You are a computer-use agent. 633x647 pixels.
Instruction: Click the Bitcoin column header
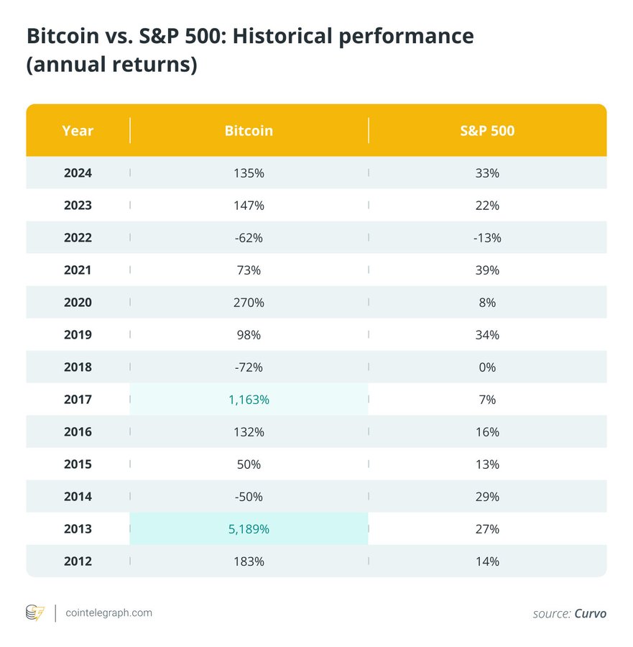[x=249, y=131]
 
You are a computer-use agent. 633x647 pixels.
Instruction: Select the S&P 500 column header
[x=487, y=131]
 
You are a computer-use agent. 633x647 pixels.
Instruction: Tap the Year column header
[x=78, y=131]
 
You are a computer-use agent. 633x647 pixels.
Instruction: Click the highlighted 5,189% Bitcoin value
[x=249, y=529]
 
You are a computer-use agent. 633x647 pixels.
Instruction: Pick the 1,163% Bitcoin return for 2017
[x=249, y=400]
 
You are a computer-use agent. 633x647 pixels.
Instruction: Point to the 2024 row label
[x=78, y=173]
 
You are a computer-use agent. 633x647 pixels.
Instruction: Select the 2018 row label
[x=78, y=367]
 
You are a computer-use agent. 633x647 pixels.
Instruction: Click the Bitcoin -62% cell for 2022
[x=249, y=238]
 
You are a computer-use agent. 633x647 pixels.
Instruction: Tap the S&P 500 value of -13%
[x=487, y=238]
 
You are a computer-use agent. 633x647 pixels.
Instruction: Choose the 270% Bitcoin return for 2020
[x=249, y=303]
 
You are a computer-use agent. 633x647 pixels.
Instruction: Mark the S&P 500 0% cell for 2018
[x=487, y=367]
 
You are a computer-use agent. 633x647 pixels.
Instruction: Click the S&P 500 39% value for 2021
[x=487, y=270]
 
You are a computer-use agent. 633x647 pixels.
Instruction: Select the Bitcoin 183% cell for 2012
[x=249, y=561]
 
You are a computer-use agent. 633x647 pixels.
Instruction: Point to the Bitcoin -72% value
[x=249, y=367]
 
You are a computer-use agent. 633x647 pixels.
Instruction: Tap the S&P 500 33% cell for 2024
[x=487, y=173]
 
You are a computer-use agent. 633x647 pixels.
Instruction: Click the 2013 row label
[x=78, y=529]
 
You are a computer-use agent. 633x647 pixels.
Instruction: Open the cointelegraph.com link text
[x=108, y=613]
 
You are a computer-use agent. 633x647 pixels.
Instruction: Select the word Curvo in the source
[x=590, y=614]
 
